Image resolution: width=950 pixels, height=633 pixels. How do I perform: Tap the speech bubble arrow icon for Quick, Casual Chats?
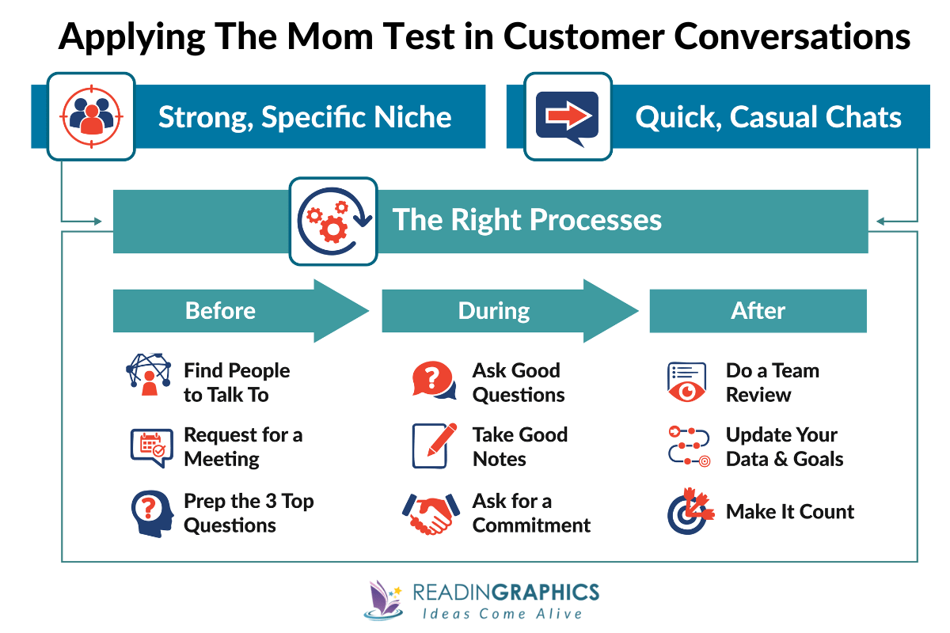[x=567, y=116]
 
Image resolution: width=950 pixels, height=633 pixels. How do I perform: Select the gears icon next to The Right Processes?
[x=333, y=221]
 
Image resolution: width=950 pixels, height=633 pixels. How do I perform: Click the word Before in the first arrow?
[x=220, y=311]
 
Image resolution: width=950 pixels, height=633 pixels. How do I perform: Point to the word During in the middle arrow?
[x=494, y=311]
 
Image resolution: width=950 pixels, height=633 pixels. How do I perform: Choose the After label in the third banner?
[x=758, y=311]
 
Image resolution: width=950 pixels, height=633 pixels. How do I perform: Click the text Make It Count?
[x=790, y=512]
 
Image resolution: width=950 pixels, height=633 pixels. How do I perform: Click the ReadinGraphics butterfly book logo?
[x=385, y=600]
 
